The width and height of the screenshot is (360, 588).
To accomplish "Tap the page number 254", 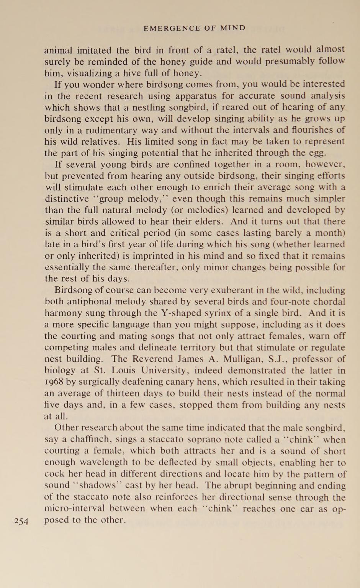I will pos(21,521).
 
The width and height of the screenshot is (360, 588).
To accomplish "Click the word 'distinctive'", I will pos(66,199).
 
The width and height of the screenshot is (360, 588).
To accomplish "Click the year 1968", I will pos(54,382).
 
